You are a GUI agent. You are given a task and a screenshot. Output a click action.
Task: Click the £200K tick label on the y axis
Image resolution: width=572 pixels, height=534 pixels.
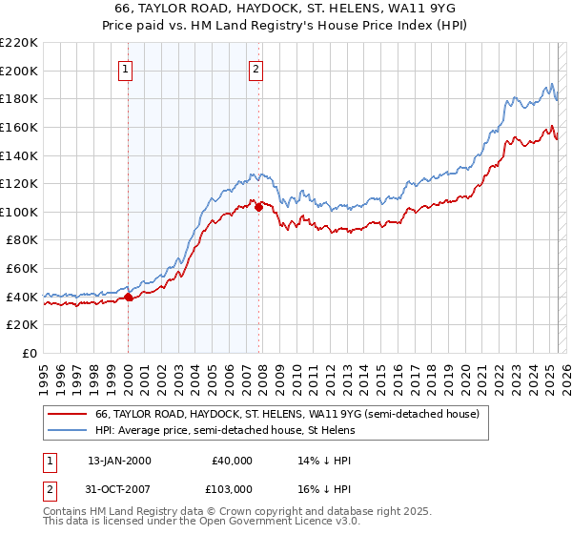[19, 71]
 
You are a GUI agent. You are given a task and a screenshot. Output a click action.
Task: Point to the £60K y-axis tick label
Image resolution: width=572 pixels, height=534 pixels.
[22, 269]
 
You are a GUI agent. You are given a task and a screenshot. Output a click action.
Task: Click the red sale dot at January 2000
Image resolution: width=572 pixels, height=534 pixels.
[129, 297]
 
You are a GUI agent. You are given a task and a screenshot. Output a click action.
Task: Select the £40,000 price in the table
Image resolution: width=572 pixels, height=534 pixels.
[232, 461]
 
